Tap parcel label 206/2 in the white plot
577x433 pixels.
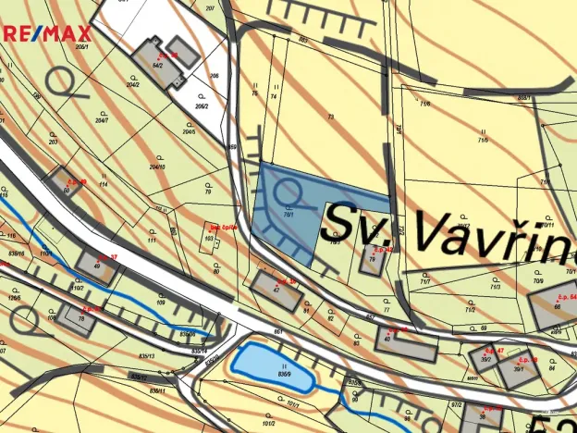[202, 106]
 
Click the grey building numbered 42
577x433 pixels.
[276, 291]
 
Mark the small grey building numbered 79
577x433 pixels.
[374, 261]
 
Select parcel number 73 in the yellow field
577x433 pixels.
[330, 117]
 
